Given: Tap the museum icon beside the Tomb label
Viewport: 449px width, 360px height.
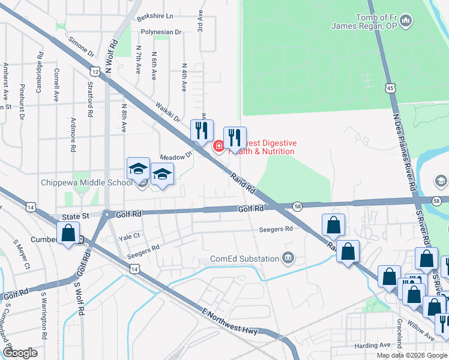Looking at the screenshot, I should (406, 22).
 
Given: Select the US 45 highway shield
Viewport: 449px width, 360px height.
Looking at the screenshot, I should (390, 88).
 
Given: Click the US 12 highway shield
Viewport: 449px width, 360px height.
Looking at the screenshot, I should (95, 71).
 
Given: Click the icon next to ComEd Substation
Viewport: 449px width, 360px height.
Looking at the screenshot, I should (289, 259).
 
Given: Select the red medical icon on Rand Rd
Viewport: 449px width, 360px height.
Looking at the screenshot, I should (219, 145).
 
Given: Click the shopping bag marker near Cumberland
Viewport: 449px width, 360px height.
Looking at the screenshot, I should (68, 233).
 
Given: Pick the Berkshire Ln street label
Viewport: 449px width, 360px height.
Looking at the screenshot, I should (154, 16).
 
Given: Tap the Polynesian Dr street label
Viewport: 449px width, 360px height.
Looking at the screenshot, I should (159, 31).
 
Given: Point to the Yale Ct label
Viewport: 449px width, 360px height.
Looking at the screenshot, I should (129, 236).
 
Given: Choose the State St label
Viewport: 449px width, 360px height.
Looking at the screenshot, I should (76, 215).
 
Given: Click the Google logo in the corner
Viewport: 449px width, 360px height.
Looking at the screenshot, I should (19, 353).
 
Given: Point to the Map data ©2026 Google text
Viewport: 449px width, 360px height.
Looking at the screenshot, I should (412, 355).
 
